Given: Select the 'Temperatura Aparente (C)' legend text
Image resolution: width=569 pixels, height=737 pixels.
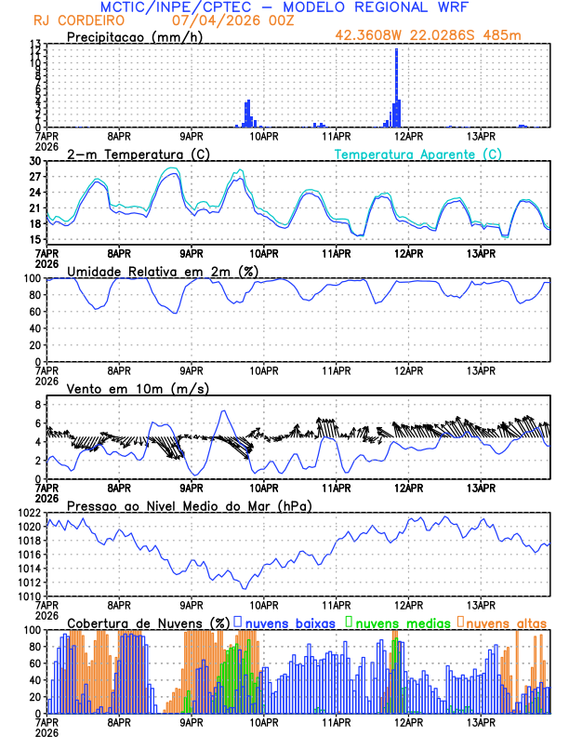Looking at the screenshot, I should click(418, 154).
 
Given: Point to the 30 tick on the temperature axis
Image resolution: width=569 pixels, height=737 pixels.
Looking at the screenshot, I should click(35, 161).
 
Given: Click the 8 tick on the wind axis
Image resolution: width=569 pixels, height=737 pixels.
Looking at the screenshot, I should click(38, 405).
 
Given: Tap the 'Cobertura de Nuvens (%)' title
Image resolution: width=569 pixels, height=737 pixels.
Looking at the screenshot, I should click(149, 622).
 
